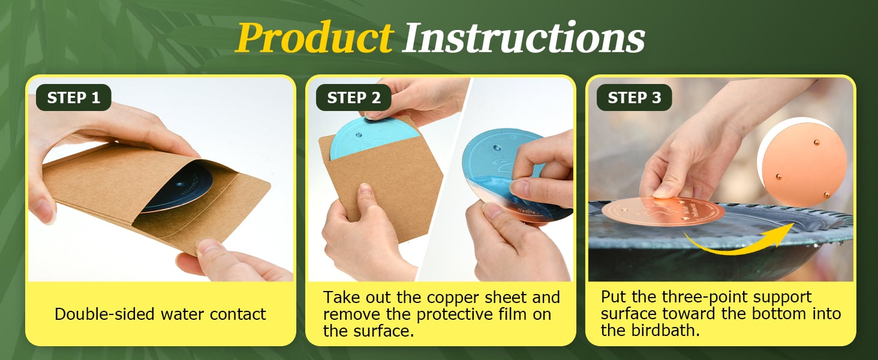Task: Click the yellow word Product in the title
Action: click(314, 38)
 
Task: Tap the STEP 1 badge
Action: click(74, 97)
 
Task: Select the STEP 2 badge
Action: click(354, 97)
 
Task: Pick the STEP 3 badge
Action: click(634, 97)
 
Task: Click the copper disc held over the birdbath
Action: click(663, 212)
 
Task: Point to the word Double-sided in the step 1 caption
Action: click(105, 314)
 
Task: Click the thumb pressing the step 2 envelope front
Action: click(365, 200)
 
